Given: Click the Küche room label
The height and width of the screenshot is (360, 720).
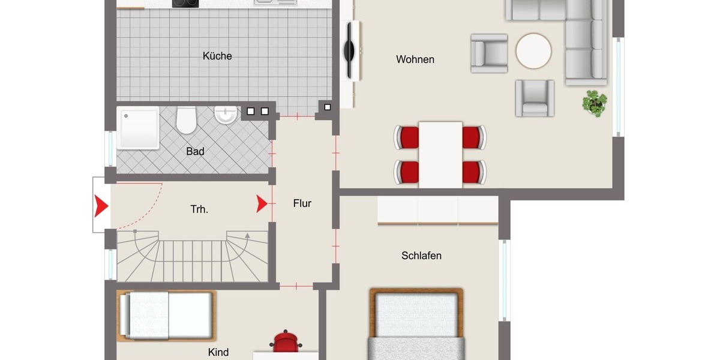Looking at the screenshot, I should point(217,56).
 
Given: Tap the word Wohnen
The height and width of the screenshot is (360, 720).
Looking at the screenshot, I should point(415,59).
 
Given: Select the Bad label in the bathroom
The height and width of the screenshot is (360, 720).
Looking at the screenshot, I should point(195,152).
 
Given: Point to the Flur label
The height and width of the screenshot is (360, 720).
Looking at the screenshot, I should point(302,203).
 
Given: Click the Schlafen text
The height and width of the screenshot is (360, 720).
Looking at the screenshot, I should point(421,256).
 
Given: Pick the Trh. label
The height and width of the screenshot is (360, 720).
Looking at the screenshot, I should point(199,209).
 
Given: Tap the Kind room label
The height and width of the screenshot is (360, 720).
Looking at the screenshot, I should point(218,352).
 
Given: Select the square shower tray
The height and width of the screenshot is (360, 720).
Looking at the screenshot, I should point(139,128).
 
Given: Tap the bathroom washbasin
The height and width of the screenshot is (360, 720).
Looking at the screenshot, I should point(226,115).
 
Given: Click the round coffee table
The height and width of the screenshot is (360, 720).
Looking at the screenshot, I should point(533,51).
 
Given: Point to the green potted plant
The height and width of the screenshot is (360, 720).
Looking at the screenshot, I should point(595,103).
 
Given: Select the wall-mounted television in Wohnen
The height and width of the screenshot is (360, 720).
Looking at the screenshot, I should point(349,50).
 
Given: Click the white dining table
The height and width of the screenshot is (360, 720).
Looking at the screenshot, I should point(440,154).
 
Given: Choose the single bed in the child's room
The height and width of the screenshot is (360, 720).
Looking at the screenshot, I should point(166,316).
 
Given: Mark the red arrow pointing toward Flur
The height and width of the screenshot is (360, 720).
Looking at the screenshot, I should point(262,204).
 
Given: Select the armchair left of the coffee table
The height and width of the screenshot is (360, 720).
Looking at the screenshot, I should point(489,53).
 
